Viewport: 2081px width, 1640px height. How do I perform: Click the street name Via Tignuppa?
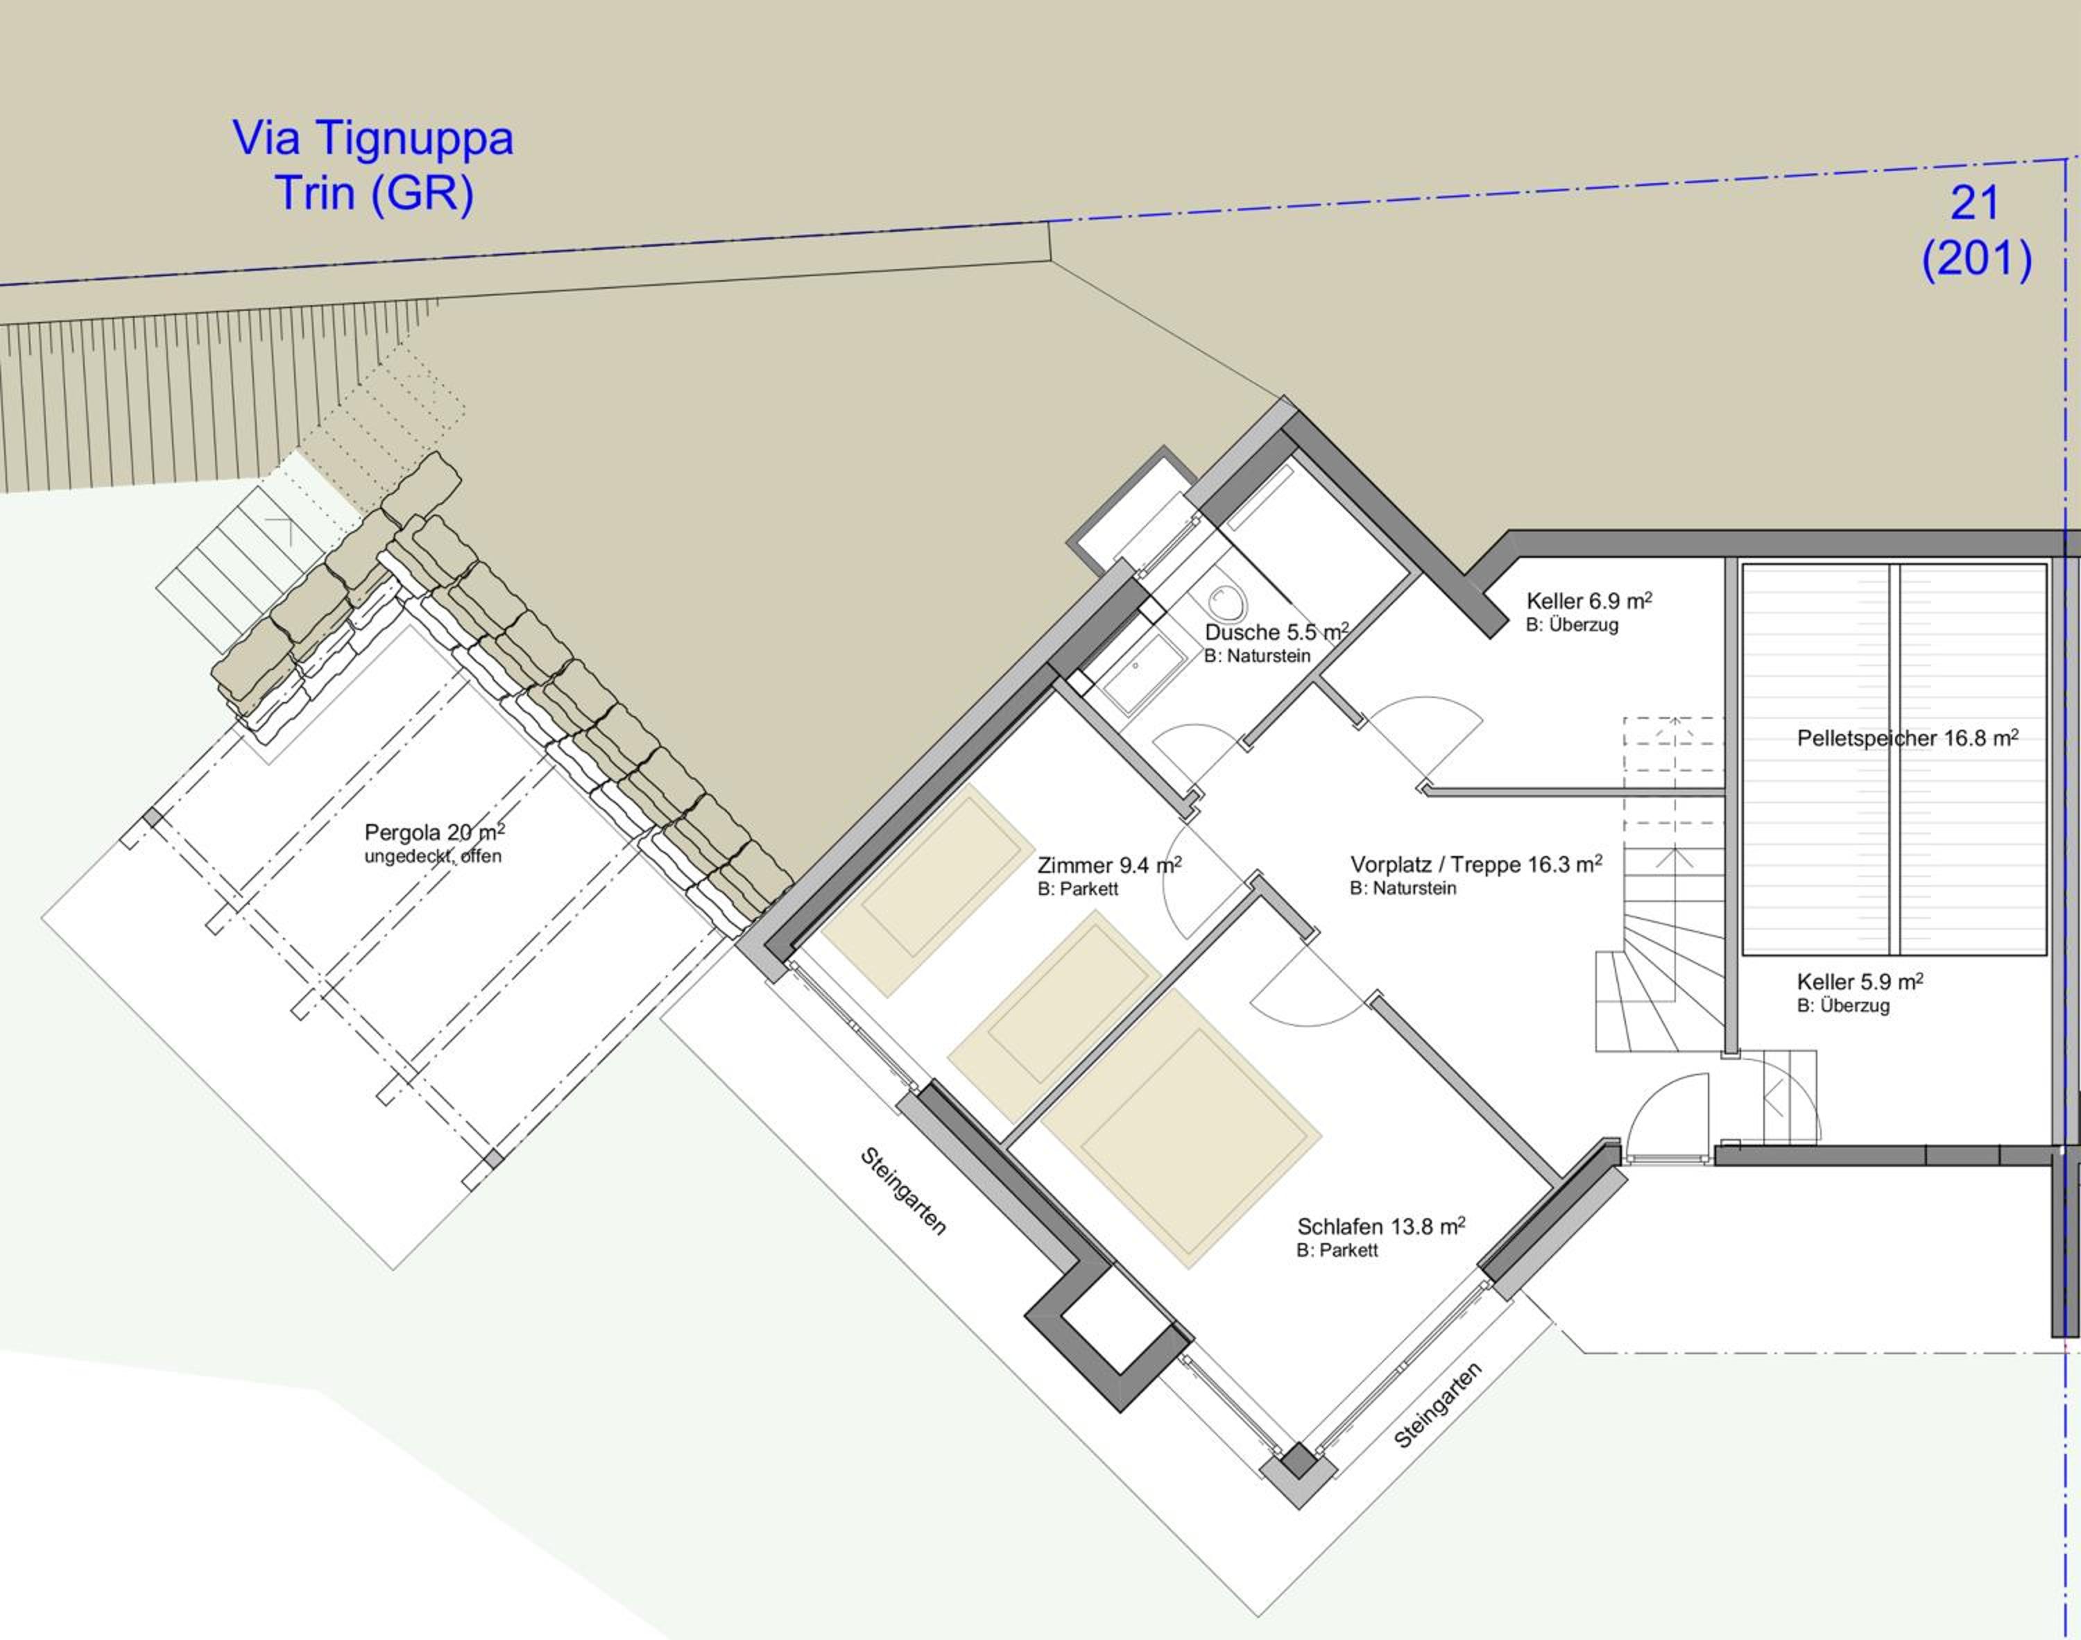[x=372, y=138]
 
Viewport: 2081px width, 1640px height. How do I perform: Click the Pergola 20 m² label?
[x=434, y=832]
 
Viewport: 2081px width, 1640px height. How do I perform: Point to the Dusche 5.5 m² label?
[x=1276, y=632]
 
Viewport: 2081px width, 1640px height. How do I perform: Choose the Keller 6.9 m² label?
[x=1590, y=601]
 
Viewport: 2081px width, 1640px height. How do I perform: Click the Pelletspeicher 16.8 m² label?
[x=1908, y=738]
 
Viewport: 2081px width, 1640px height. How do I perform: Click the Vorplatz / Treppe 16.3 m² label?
[x=1476, y=864]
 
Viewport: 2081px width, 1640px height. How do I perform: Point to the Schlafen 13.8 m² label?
[x=1381, y=1226]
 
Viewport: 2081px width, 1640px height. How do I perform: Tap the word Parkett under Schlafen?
[x=1348, y=1250]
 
